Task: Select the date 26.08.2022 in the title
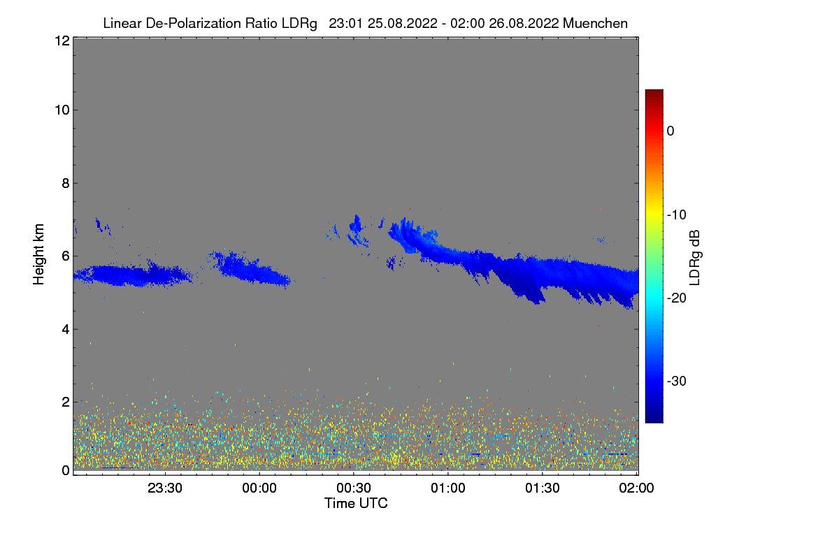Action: pyautogui.click(x=524, y=23)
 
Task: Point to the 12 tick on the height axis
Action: pyautogui.click(x=62, y=41)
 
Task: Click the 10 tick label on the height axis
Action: pyautogui.click(x=62, y=110)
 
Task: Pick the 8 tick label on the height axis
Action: pyautogui.click(x=65, y=183)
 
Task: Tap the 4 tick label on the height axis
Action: pyautogui.click(x=65, y=329)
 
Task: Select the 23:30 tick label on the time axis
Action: pyautogui.click(x=165, y=488)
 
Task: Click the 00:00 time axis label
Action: pyautogui.click(x=259, y=488)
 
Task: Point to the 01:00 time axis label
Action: pyautogui.click(x=448, y=488)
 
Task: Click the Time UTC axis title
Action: pyautogui.click(x=356, y=503)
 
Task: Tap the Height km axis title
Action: pyautogui.click(x=39, y=254)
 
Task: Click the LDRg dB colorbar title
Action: pyautogui.click(x=695, y=256)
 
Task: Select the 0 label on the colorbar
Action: pyautogui.click(x=671, y=131)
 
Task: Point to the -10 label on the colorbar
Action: pyautogui.click(x=677, y=215)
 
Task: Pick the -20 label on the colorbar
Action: pyautogui.click(x=677, y=298)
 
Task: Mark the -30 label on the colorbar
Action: pyautogui.click(x=677, y=382)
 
